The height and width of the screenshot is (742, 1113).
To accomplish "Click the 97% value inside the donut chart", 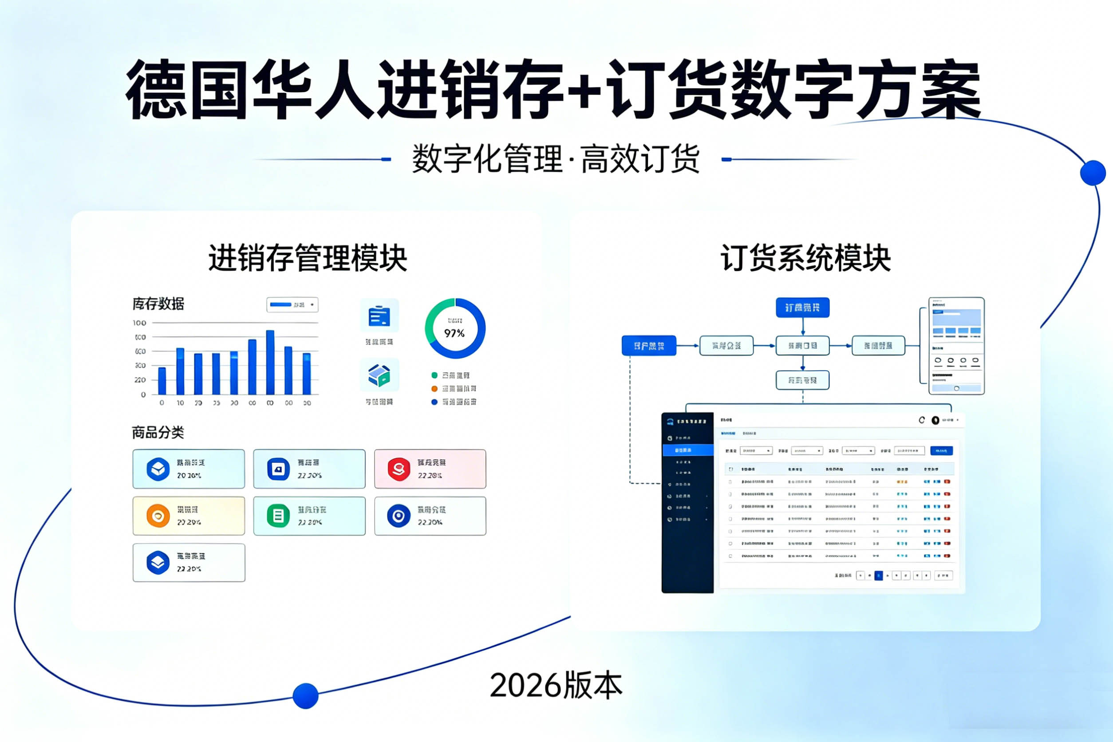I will point(454,333).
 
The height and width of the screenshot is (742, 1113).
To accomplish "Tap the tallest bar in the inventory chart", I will point(270,362).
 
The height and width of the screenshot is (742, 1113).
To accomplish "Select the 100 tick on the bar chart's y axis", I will point(140,323).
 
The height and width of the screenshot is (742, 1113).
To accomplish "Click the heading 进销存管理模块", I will point(308,258).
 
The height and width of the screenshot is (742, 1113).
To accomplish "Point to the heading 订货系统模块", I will point(805,258).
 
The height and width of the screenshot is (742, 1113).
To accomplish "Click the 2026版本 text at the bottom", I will point(556,685).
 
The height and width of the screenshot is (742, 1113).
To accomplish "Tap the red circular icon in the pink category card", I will point(399,469).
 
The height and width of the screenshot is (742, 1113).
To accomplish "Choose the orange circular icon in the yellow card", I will point(158,516).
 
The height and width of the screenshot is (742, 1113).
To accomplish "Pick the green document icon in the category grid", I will point(278,516).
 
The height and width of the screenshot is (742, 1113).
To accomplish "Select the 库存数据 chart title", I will point(158,304).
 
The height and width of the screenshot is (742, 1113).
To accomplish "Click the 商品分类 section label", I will point(158,432).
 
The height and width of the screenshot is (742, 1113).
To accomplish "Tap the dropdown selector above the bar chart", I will point(292,305).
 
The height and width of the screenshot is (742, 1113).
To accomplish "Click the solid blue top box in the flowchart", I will point(802,308).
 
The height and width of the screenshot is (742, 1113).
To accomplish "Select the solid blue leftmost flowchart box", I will point(649,346).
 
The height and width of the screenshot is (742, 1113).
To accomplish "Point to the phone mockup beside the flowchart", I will point(956,346).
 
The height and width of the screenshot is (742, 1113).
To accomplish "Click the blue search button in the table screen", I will point(941,451).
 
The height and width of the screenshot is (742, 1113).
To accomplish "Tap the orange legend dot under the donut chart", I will point(434,388).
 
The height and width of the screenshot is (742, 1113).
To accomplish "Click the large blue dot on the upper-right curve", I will point(1093,173).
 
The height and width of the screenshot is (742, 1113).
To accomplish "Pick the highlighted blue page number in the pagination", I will point(879,576).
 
